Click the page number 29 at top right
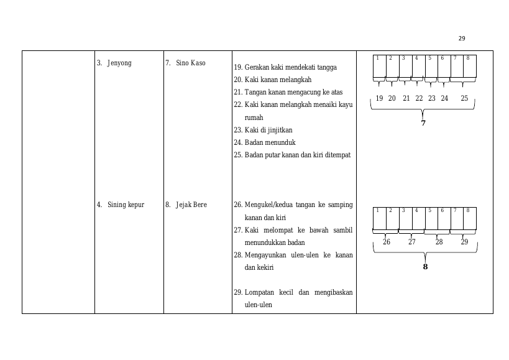coord(462,39)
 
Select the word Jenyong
coord(119,63)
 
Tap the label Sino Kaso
coord(191,63)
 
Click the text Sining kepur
coord(126,205)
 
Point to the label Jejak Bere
coord(191,205)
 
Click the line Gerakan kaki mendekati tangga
coord(290,67)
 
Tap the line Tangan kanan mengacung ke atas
coord(293,92)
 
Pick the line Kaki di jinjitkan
coord(268,130)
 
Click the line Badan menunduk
coord(270,142)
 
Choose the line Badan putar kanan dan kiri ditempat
coord(297,155)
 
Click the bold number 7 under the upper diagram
coord(423,123)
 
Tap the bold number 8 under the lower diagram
coord(425,267)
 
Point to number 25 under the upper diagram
coord(464,98)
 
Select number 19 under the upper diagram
coord(379,98)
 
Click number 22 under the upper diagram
coord(419,98)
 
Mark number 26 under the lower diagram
coord(387,242)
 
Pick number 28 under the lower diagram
coord(439,242)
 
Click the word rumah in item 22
coord(254,118)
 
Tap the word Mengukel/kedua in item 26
coord(268,205)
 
